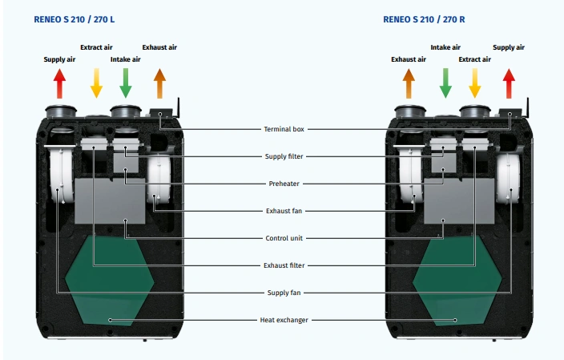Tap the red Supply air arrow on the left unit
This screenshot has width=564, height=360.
pos(59,83)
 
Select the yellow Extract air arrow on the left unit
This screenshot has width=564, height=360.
pos(96,82)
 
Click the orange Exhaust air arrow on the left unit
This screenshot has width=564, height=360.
pos(159,83)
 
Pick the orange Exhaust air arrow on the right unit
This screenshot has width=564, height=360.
pos(408,83)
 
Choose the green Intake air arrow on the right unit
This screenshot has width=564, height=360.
pos(445,82)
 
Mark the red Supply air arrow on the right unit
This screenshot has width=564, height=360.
pos(509,83)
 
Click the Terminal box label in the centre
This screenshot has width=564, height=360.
pos(284,128)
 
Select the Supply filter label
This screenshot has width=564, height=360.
pos(284,156)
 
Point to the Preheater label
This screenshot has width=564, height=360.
pos(284,184)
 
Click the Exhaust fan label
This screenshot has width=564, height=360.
pos(284,211)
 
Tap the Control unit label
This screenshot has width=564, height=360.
pos(284,238)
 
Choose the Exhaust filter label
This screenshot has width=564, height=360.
pos(284,265)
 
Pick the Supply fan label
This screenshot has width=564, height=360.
pos(284,293)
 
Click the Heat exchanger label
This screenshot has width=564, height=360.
pos(284,320)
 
